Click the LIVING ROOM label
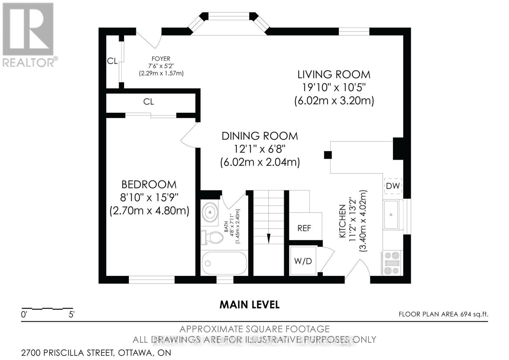click(334, 74)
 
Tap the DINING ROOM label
click(260, 136)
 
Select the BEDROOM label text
click(149, 185)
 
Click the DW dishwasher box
click(393, 186)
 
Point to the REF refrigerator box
click(304, 228)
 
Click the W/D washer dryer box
click(303, 261)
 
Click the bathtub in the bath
click(224, 263)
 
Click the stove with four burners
click(392, 263)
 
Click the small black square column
click(328, 155)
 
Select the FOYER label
click(161, 59)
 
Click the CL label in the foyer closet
click(112, 61)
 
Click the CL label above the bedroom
click(149, 102)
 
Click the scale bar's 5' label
click(71, 315)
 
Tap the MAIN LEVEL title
click(250, 305)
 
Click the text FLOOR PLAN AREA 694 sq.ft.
click(443, 314)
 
